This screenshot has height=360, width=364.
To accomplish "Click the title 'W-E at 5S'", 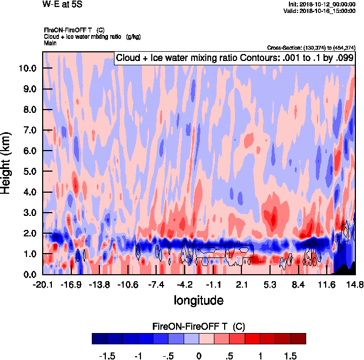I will click(62, 4).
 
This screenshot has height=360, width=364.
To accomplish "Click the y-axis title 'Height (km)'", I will click(6, 164).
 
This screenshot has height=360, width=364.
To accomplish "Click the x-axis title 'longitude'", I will click(198, 299).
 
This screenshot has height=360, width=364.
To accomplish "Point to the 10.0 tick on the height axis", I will click(26, 69).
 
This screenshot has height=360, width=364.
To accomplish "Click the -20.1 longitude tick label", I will click(43, 284).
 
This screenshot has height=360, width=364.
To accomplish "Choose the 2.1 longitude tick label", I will click(241, 284).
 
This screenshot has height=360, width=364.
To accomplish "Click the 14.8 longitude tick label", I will click(355, 284).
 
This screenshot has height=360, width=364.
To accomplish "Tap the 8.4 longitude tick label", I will click(298, 284).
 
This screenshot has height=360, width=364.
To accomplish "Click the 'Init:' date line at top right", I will click(322, 4).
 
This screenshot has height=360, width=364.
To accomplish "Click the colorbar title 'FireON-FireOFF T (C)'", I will click(199, 327).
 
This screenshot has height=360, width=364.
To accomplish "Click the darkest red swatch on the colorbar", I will click(298, 338).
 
